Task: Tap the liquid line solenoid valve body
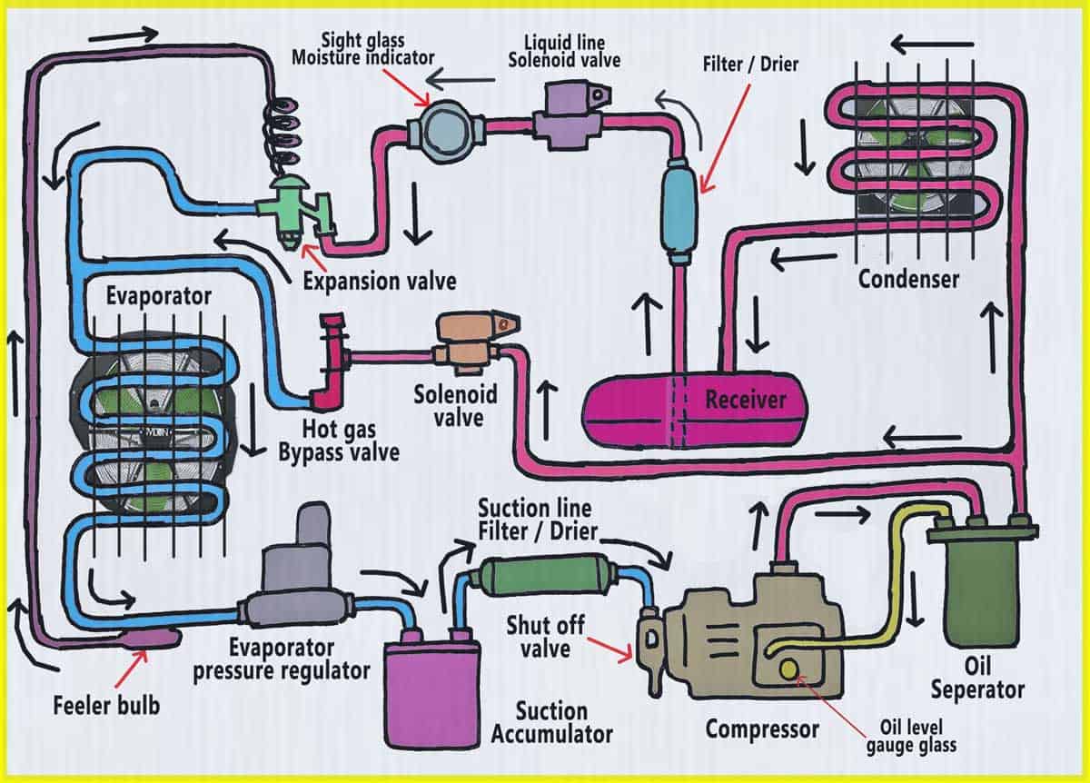click(x=560, y=116)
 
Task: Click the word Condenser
click(x=908, y=279)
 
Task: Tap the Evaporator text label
click(x=159, y=296)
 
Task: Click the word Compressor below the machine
click(x=762, y=728)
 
